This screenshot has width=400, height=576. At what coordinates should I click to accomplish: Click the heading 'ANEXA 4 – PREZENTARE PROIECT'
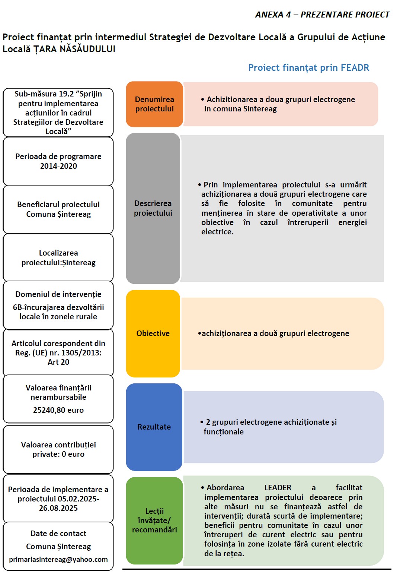point(322,15)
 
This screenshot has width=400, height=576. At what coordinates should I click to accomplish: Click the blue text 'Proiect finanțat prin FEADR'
point(308,67)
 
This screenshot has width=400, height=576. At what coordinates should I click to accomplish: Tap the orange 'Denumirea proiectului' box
point(154,104)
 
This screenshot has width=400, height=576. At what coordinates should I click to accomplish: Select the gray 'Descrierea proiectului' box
point(153,208)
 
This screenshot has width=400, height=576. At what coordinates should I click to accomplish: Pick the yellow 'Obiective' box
point(153,333)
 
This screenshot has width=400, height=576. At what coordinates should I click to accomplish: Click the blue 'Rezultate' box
point(154,427)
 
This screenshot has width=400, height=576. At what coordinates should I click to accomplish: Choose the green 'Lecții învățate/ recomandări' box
point(154,520)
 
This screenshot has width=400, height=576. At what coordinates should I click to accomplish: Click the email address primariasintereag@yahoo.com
point(58,559)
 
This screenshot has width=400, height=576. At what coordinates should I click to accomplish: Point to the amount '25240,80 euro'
point(58,410)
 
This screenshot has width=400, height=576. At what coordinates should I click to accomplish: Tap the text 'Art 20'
point(58,362)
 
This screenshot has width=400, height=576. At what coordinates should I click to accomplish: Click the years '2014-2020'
point(58,166)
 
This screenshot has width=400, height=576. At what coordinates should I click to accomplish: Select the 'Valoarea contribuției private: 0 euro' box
point(58,449)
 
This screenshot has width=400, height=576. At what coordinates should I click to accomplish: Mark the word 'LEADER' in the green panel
point(278,488)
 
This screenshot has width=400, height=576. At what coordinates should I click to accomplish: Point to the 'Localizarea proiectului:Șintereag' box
point(58,257)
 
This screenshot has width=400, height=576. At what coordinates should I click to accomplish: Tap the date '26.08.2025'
point(58,508)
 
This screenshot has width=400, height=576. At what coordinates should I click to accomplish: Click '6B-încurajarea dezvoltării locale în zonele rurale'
point(58,312)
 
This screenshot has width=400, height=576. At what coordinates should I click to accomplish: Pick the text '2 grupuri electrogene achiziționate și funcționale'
point(270,427)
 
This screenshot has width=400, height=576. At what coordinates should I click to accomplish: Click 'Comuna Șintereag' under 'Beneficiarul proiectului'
point(58,214)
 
